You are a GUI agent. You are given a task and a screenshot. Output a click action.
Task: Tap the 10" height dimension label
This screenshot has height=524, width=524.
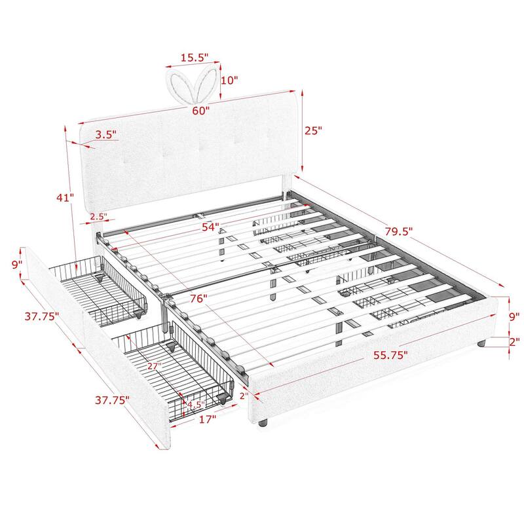coord(231,80)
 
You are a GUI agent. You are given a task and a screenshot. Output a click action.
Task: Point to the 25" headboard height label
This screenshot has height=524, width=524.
coord(314,130)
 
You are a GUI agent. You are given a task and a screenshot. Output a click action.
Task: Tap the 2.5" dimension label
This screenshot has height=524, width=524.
coord(99,216)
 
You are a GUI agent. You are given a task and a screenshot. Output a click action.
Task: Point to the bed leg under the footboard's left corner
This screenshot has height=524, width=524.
coord(263,423)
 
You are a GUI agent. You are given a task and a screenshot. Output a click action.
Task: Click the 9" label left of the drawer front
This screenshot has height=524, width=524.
coord(16,264)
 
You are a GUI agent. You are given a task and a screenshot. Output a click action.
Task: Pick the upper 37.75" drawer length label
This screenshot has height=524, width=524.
coord(41,316)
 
